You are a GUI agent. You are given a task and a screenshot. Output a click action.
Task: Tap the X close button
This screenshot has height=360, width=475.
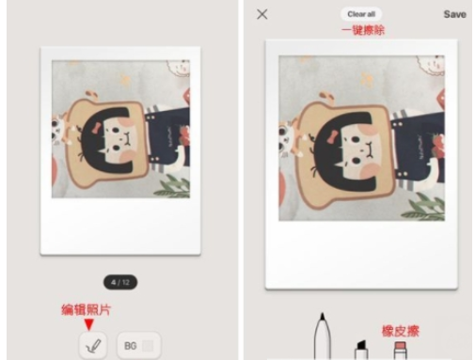click(262, 14)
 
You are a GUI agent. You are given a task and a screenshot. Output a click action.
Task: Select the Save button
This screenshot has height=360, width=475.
click(454, 14)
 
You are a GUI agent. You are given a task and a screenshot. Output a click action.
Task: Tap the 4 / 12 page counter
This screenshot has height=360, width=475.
click(119, 281)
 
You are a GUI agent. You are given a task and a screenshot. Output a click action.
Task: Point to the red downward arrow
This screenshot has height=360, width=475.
click(89, 324)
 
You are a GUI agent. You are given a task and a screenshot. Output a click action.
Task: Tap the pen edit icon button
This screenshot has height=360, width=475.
click(93, 345)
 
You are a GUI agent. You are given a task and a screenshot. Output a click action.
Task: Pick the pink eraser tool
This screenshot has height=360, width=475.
click(400, 350)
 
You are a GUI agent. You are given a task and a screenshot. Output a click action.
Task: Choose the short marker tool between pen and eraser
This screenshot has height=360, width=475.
click(359, 350)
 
